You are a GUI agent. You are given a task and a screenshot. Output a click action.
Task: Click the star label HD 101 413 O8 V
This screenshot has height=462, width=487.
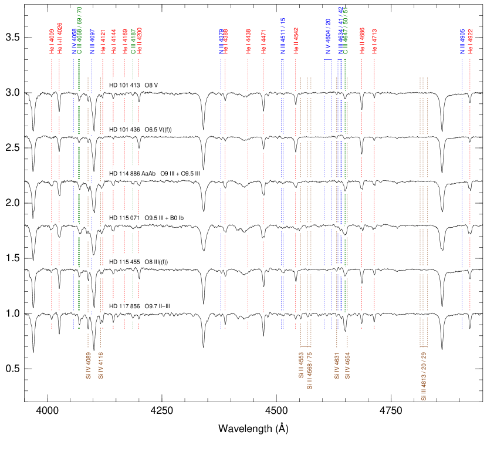134,86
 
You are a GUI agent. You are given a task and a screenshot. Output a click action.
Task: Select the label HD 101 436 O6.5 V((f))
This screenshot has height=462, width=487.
141,130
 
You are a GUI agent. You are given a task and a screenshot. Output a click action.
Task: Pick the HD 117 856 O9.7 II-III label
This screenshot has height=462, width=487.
140,306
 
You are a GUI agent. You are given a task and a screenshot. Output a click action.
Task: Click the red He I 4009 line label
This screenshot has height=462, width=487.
52,41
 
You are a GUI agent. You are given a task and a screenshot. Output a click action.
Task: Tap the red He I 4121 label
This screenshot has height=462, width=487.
103,41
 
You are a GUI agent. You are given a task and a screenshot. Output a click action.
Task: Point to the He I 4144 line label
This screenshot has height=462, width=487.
114,41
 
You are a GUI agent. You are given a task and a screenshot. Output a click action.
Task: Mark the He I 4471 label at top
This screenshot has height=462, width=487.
263,42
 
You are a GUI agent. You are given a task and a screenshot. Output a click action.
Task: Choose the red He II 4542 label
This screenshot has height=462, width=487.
296,41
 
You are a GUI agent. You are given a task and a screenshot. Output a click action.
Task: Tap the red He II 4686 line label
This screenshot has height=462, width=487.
362,41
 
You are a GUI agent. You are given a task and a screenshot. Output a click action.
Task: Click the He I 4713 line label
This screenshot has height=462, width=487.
374,41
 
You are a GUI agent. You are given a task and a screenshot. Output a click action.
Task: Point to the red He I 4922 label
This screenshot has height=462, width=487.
471,42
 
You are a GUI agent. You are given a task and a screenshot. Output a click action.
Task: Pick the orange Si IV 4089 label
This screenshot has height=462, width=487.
88,365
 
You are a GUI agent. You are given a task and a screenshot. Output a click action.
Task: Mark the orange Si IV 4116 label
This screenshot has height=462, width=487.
100,365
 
